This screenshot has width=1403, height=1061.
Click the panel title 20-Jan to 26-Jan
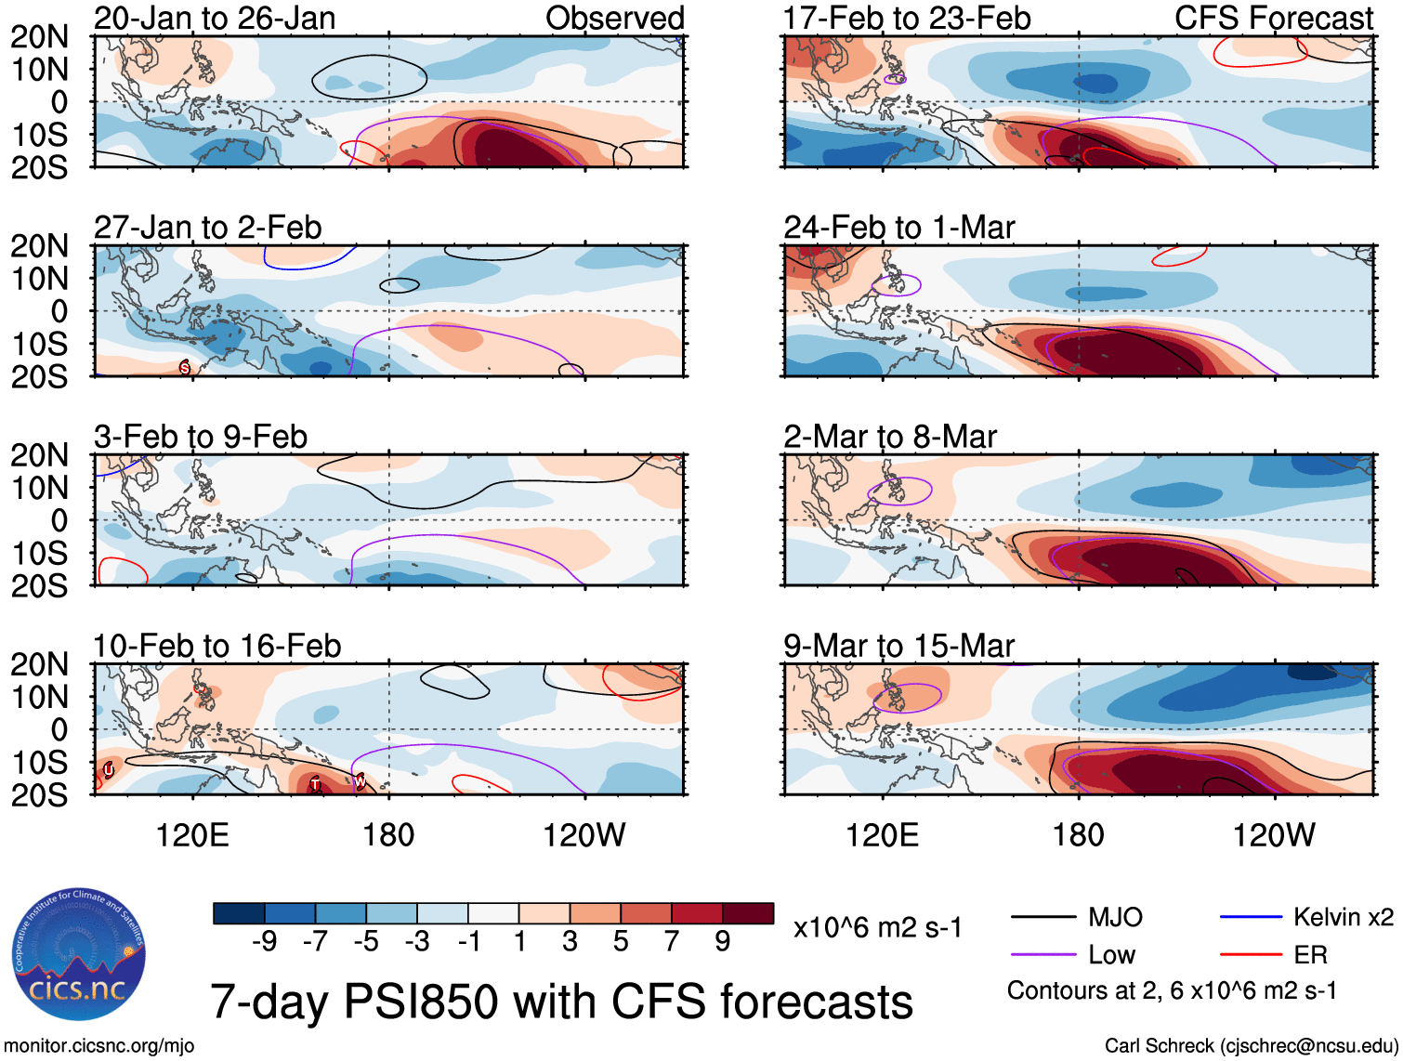point(215,19)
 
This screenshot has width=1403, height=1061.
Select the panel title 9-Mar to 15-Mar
point(898,646)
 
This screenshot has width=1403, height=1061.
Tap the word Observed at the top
point(614,19)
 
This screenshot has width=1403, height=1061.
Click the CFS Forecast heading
point(1273,19)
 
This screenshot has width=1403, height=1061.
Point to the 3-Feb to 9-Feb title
point(201,437)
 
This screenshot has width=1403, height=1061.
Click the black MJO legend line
point(1043,918)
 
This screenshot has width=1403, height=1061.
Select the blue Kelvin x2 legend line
point(1251,918)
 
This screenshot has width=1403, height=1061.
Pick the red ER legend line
point(1251,954)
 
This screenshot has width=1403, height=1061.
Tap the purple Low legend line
point(1043,954)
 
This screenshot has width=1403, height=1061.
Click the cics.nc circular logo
point(79,954)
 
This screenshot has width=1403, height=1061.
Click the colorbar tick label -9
point(265,942)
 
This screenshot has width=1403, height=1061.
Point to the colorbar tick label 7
point(672,942)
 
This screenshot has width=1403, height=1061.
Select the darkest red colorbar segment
point(748,914)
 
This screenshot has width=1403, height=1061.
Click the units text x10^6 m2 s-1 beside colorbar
point(877,928)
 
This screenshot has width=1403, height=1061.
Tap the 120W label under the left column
point(583,835)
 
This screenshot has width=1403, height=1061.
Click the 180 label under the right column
point(1078,835)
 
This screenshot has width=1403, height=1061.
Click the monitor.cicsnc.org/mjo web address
point(99,1046)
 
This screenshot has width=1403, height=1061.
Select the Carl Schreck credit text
point(1251,1046)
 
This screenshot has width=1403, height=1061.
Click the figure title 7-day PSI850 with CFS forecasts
point(561,1002)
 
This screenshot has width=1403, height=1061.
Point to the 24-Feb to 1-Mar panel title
point(898,228)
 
